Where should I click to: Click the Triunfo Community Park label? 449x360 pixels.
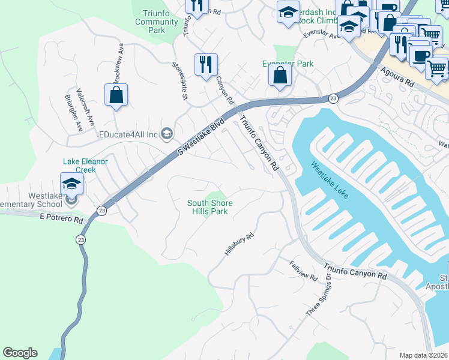point(157,22)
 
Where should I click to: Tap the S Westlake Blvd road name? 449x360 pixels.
point(200,137)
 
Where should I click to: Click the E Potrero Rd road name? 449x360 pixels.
point(61,220)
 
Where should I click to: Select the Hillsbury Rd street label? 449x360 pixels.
point(240,245)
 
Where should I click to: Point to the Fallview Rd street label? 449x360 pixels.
point(303,271)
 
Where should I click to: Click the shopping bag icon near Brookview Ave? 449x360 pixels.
point(116,95)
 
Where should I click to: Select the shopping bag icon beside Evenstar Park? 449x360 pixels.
point(280,76)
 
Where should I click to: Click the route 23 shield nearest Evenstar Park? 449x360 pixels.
point(333,98)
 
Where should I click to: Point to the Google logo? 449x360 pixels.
point(20,353)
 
